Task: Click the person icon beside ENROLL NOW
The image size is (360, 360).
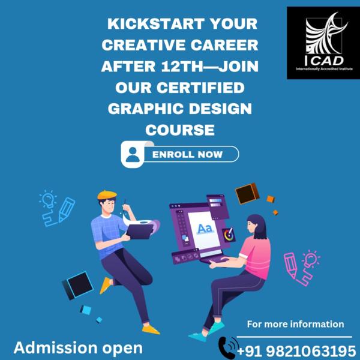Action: (x=133, y=154)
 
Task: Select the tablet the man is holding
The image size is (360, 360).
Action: (x=139, y=230)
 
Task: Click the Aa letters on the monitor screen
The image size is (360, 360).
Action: (x=205, y=228)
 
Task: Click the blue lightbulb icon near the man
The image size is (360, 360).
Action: (x=47, y=199)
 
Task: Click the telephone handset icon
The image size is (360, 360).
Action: (x=228, y=347)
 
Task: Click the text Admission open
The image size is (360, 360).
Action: (x=78, y=347)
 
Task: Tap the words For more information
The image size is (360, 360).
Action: (x=295, y=324)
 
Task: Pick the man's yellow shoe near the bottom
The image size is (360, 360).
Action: (x=151, y=329)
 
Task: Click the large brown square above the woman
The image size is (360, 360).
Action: (x=247, y=194)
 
